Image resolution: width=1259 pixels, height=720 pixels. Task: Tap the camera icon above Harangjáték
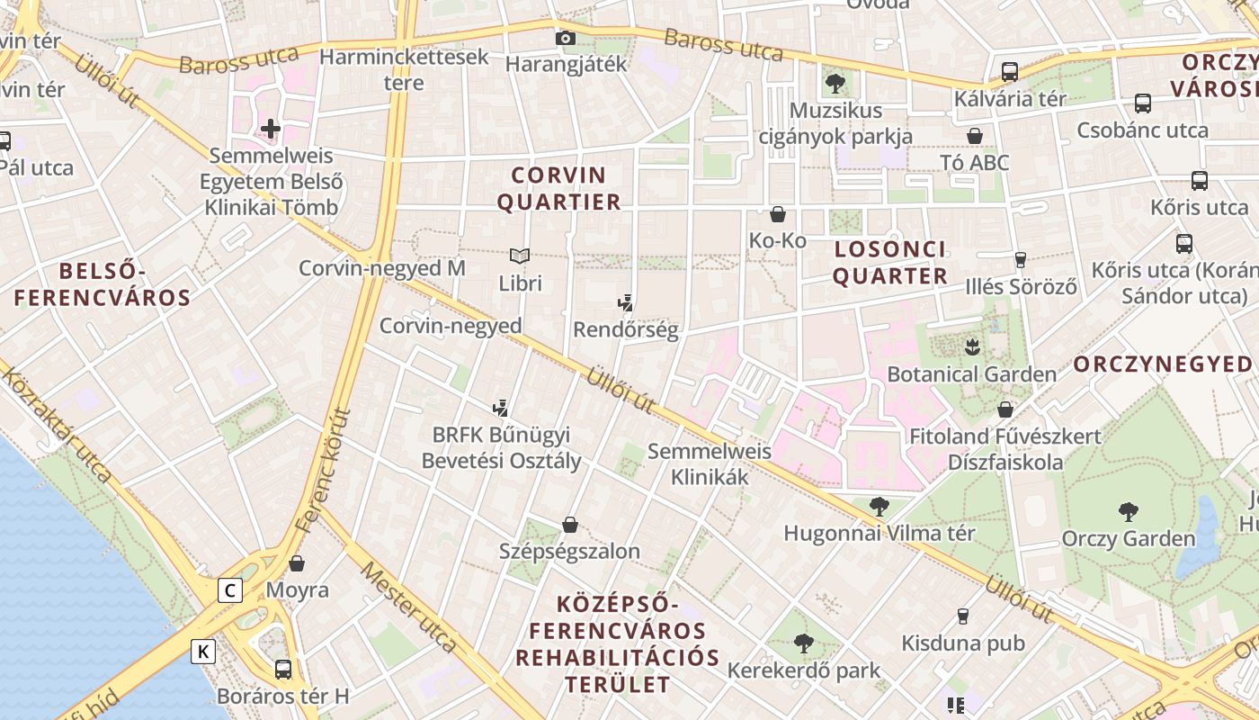[566, 38]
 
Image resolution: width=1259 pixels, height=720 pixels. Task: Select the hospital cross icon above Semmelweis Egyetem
[271, 129]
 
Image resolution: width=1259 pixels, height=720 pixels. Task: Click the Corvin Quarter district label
[558, 188]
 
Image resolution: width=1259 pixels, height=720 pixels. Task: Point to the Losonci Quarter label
[889, 262]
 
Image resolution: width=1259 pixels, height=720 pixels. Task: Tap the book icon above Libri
[520, 256]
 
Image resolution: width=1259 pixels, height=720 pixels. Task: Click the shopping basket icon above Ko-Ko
[778, 214]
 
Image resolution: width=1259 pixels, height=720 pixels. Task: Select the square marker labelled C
[231, 590]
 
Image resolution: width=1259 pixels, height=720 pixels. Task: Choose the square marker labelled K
[204, 651]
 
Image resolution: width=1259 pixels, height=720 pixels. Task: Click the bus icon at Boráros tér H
[283, 669]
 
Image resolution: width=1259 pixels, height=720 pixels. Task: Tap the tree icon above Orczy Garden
[1128, 512]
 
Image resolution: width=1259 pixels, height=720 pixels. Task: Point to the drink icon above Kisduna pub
[963, 616]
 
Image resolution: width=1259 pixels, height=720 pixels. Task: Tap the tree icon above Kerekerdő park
[803, 643]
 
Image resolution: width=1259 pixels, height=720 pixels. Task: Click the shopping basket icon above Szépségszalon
[569, 525]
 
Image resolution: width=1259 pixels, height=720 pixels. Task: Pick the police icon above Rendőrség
[626, 302]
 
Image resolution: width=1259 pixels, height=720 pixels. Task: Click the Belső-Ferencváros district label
[103, 284]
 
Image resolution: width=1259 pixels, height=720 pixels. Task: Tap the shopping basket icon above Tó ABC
[974, 136]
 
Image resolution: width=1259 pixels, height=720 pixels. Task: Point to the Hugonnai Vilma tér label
[879, 533]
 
